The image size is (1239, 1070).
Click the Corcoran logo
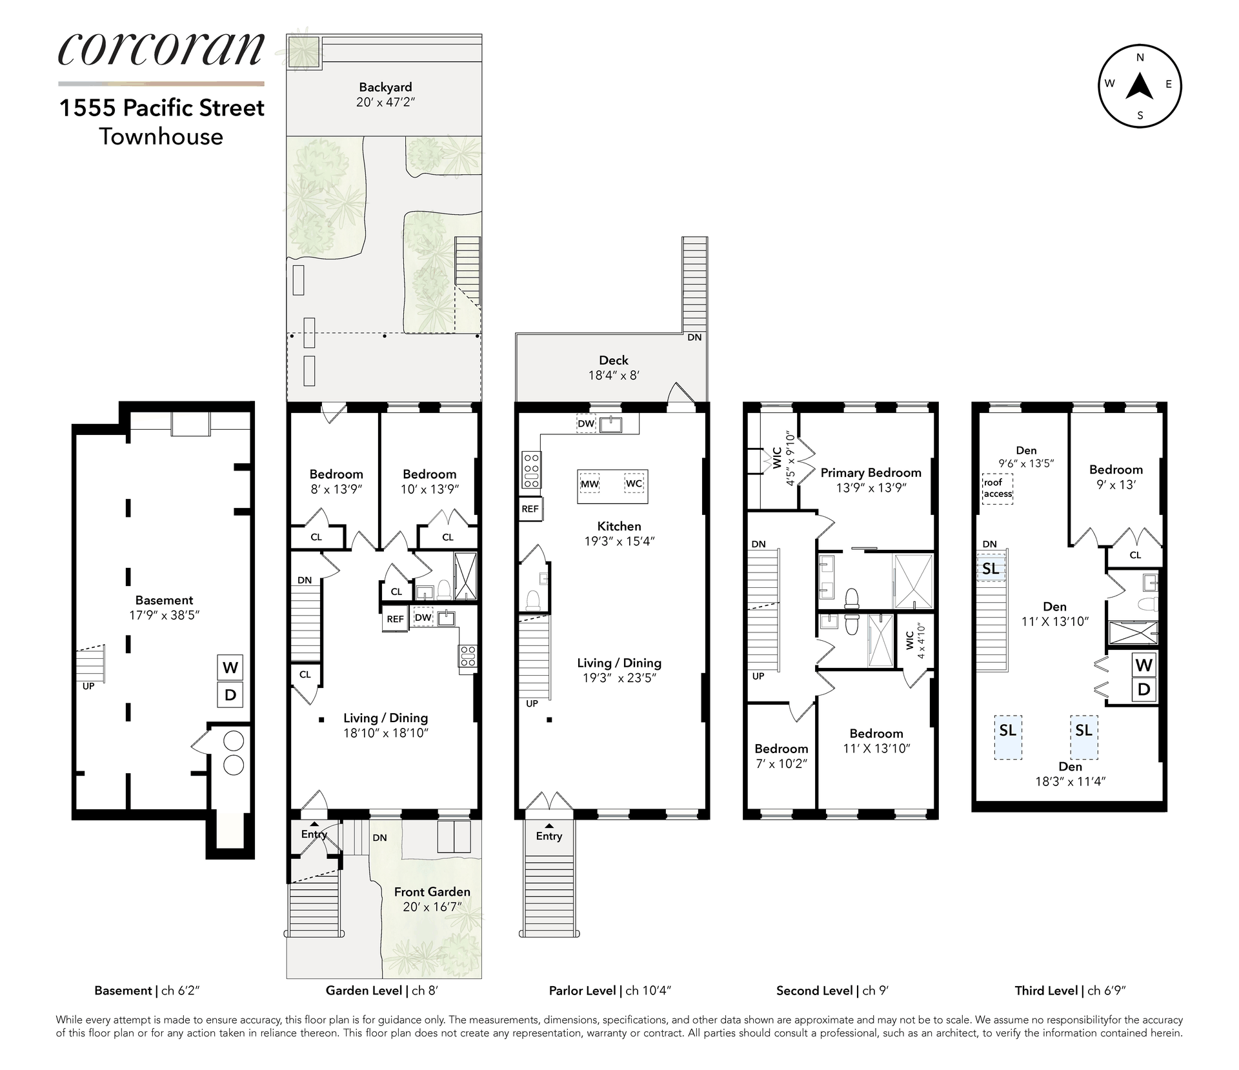(x=161, y=50)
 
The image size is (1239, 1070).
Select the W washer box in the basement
(x=230, y=667)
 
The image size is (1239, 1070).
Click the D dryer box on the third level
(x=1143, y=689)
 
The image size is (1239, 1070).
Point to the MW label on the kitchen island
(x=590, y=484)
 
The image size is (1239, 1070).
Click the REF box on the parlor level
(x=530, y=509)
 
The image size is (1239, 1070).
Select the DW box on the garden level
(x=423, y=618)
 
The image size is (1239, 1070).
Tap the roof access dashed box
(x=998, y=489)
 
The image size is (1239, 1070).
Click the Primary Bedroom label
(x=871, y=472)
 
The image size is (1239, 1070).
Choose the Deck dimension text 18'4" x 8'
(x=613, y=375)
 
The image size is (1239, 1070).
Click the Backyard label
(x=385, y=87)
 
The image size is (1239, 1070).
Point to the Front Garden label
(x=432, y=892)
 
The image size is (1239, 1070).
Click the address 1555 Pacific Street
(x=161, y=108)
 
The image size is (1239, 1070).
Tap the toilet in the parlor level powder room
(x=533, y=601)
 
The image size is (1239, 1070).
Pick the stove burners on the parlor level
(x=532, y=470)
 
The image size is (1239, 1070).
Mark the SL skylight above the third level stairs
(x=991, y=569)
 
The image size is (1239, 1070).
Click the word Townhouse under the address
(x=161, y=137)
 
